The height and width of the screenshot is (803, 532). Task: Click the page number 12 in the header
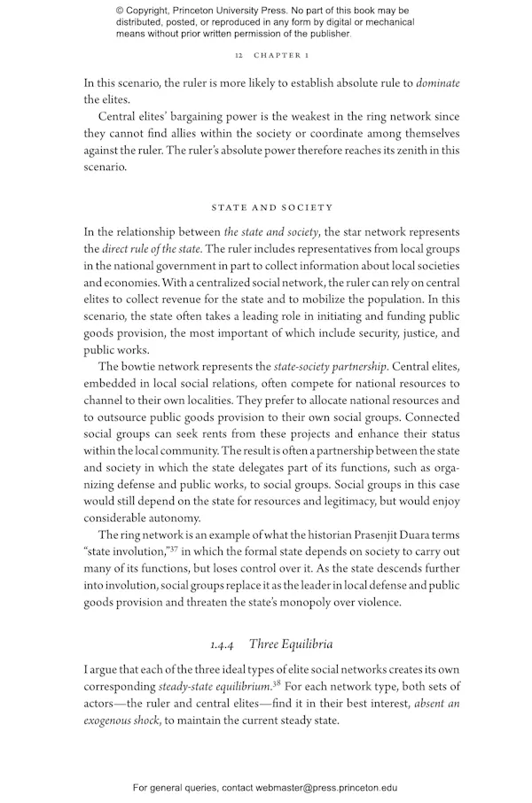239,55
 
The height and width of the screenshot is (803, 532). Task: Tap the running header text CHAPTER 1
281,55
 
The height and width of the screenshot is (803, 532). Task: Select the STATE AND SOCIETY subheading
272,207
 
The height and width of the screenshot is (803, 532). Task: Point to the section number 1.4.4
222,643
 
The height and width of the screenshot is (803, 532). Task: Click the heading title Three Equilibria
291,643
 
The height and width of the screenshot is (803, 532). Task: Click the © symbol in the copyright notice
121,10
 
